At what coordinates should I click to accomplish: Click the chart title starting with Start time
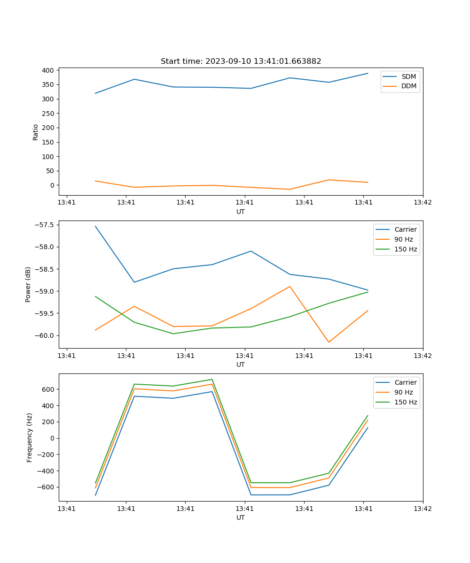[x=241, y=61]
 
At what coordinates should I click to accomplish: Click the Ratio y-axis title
[x=36, y=132]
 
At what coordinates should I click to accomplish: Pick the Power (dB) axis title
[x=28, y=284]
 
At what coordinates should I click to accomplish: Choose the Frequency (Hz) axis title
[x=29, y=437]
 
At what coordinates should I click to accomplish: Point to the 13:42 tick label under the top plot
[x=423, y=202]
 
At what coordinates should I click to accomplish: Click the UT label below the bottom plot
[x=241, y=517]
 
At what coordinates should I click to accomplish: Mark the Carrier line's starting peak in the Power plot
[x=95, y=226]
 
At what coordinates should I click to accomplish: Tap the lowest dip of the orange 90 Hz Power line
[x=329, y=342]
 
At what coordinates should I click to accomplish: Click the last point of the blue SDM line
[x=368, y=73]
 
